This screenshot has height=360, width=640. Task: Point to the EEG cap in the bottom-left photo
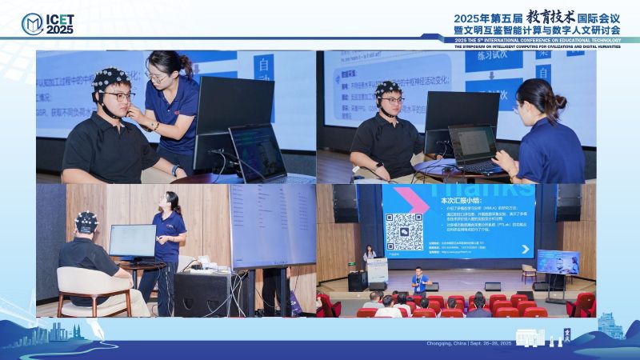pos(86,220)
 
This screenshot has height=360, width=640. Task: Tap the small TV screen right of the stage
pos(558,262)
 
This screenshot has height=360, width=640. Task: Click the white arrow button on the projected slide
pos(525,250)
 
